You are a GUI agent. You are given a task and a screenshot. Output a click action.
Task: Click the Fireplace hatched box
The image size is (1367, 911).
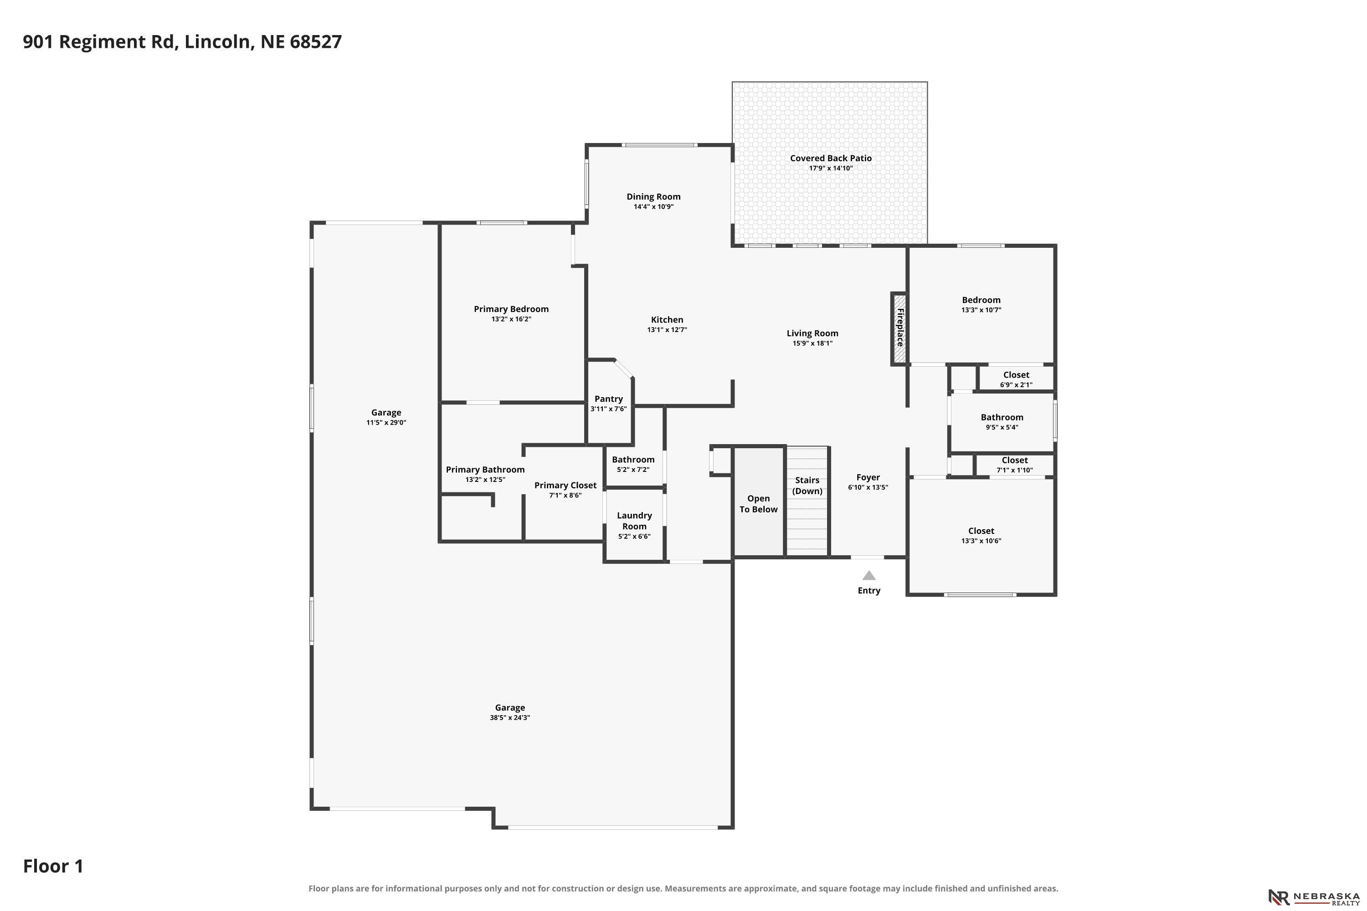point(899,329)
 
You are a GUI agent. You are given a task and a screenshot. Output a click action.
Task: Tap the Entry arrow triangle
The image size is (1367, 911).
point(869,575)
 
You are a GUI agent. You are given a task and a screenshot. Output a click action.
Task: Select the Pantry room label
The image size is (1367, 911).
point(608,399)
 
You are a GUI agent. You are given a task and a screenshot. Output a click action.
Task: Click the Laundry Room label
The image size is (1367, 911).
point(634,521)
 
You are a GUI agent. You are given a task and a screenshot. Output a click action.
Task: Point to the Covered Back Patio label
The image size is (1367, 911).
point(831,158)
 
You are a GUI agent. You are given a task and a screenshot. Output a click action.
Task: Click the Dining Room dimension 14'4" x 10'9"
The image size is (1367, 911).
point(653,207)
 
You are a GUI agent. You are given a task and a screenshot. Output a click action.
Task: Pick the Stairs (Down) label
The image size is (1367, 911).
point(807,486)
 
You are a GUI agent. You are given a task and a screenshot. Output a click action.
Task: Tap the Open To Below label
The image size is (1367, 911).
point(759,504)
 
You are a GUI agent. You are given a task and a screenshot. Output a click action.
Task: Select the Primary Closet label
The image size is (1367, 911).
point(565,485)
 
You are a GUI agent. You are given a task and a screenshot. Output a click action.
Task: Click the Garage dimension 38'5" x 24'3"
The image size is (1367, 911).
point(510,717)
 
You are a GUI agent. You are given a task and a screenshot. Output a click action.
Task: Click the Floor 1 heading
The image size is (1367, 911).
point(53,866)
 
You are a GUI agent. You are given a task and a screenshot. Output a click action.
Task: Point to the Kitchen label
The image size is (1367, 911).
point(667,320)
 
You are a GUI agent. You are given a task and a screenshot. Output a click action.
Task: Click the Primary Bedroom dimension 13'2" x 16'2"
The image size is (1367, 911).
point(511,319)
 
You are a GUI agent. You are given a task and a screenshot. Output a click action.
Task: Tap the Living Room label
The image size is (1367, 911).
point(812,333)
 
